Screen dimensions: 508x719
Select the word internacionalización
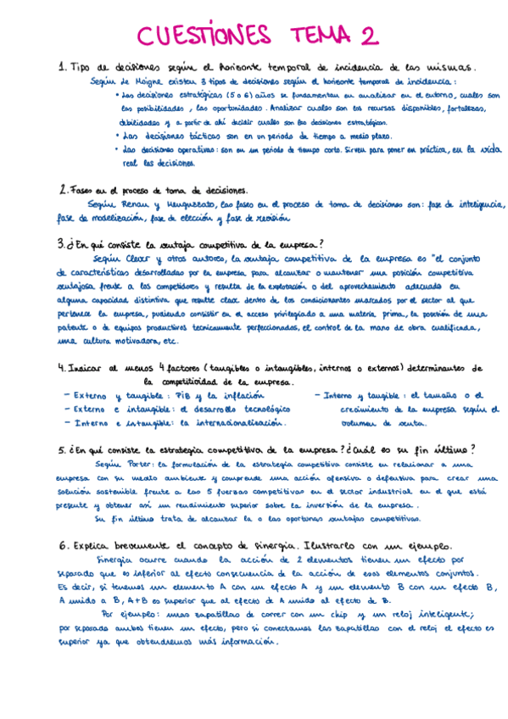[233, 423]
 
